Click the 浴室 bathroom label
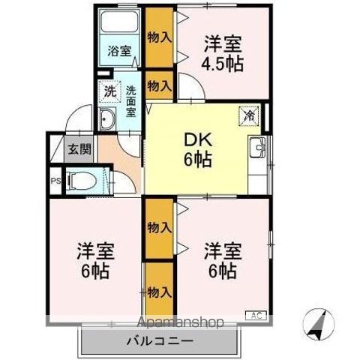(x=118, y=51)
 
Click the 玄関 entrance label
(x=79, y=148)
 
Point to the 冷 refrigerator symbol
(x=247, y=115)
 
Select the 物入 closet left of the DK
(x=158, y=86)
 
